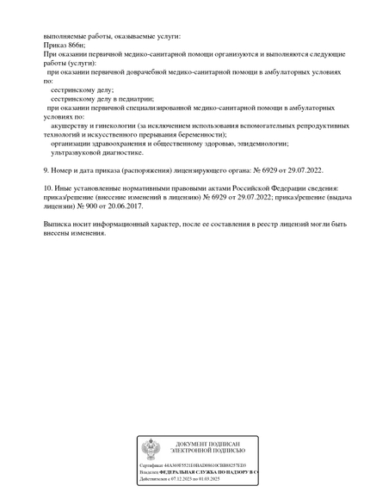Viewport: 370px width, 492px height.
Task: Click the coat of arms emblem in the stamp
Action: [x=151, y=449]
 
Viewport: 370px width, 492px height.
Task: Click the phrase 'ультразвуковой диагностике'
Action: [x=97, y=152]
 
